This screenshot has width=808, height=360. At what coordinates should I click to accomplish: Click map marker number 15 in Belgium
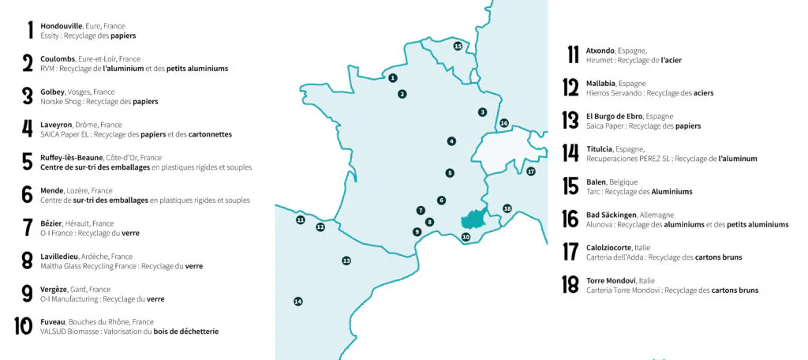pos(458,47)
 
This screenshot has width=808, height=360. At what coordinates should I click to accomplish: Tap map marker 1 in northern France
pos(392,77)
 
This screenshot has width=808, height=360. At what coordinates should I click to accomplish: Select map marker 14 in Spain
pos(298,302)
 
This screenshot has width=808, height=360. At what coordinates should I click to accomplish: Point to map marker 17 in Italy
pos(531,171)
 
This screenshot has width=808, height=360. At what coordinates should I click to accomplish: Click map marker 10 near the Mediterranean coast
pos(466,237)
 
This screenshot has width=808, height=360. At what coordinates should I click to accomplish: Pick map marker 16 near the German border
pos(504,123)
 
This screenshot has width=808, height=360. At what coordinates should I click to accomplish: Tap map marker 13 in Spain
pos(346,261)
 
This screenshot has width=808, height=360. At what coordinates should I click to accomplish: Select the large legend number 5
pos(28,162)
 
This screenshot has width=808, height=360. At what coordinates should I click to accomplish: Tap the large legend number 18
pos(570,285)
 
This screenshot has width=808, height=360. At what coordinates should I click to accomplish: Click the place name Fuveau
pos(53,322)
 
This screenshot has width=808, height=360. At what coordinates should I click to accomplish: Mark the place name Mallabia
pos(601,83)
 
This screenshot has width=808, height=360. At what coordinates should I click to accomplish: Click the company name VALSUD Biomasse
pos(70,332)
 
